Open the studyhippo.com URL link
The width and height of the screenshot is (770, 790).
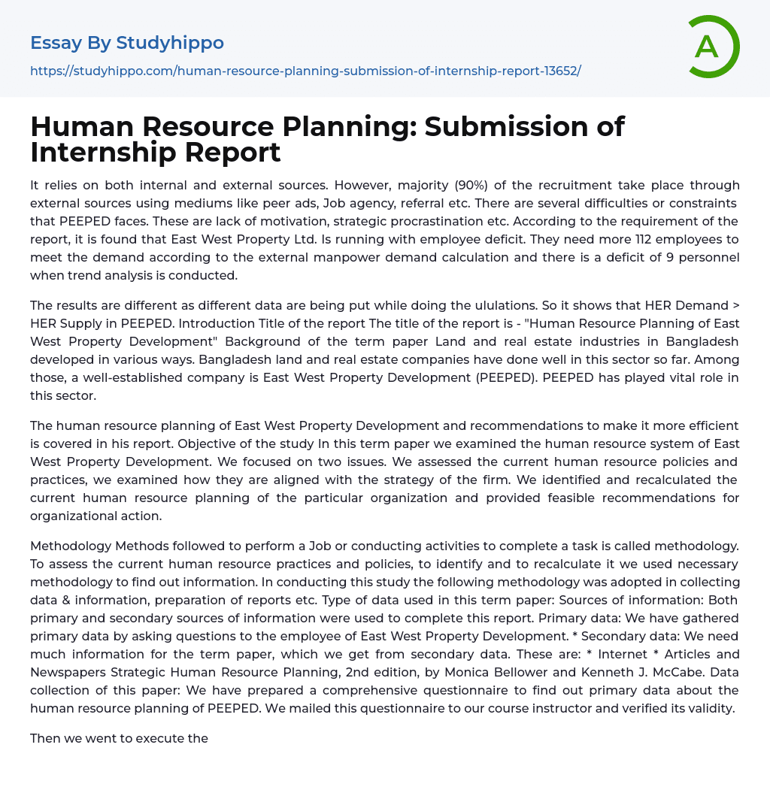[305, 71]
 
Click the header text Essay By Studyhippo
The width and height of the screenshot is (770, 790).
[127, 43]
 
